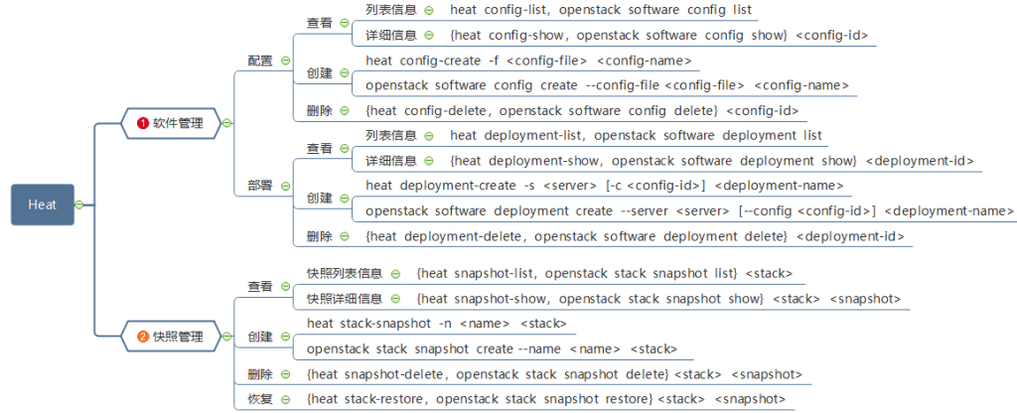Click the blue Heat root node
(x=43, y=205)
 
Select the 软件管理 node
(x=178, y=123)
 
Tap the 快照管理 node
(x=178, y=337)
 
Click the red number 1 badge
(x=142, y=123)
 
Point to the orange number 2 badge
(x=142, y=337)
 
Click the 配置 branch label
(x=259, y=61)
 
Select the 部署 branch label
(x=259, y=186)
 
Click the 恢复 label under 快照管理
(x=259, y=399)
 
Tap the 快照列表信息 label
(x=345, y=273)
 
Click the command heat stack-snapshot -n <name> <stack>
(x=437, y=324)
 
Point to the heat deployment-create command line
(x=604, y=186)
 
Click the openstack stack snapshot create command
(x=492, y=348)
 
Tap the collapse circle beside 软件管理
(x=226, y=123)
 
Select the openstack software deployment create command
(x=689, y=210)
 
